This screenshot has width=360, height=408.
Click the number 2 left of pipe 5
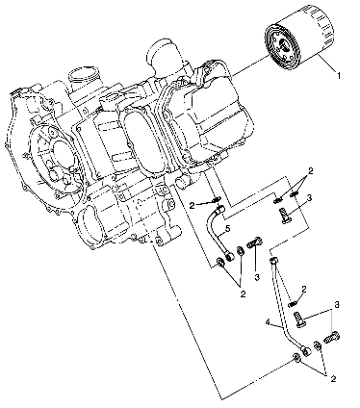193,205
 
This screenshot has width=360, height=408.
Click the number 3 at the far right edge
337,304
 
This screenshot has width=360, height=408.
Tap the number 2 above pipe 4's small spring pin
303,289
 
